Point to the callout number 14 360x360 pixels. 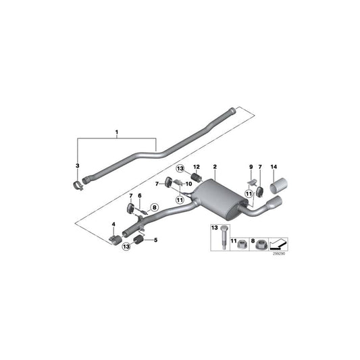point(274,166)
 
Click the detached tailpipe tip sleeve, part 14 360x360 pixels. point(278,185)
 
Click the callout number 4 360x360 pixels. point(113,224)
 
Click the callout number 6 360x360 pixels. point(140,196)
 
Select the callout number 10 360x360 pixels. point(188,184)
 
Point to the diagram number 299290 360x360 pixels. point(278,255)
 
